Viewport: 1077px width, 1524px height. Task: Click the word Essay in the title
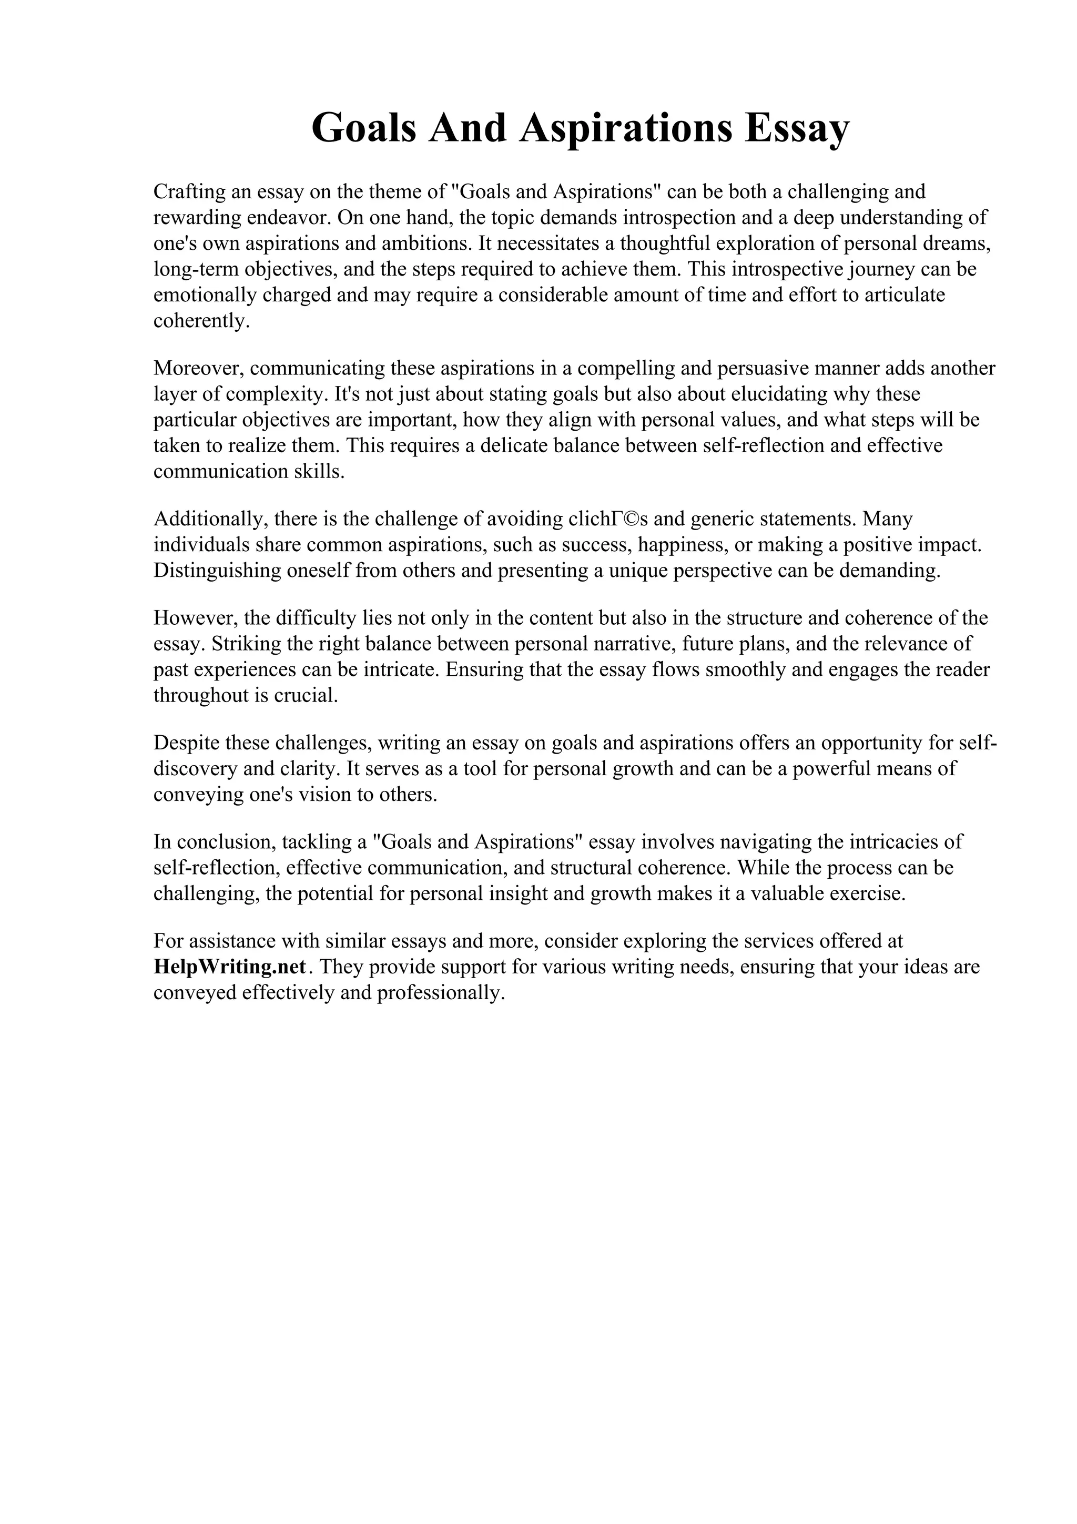(796, 129)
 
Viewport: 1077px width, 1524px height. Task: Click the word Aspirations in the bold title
(626, 129)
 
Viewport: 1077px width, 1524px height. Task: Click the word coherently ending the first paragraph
(201, 321)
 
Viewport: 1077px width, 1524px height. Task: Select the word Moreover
(197, 369)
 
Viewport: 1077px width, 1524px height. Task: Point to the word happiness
(685, 545)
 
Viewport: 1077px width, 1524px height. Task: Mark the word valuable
(788, 894)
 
